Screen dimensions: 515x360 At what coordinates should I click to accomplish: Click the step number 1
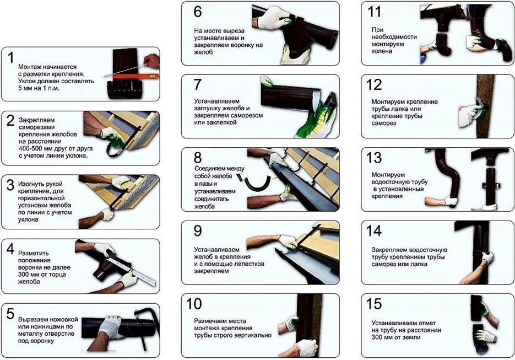tap(11, 57)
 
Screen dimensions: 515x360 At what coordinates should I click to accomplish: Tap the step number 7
tap(197, 84)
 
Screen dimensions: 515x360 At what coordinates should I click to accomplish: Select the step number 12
tap(374, 85)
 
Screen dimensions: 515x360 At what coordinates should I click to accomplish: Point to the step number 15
tap(374, 304)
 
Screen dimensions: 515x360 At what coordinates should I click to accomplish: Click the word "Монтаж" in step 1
tap(30, 67)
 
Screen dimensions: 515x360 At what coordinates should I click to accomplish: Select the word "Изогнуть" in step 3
tap(31, 184)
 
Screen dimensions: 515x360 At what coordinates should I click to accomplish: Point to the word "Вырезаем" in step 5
tap(33, 320)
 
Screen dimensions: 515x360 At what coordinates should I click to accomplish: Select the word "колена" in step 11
tap(382, 51)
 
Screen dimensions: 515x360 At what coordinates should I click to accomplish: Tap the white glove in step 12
tap(468, 115)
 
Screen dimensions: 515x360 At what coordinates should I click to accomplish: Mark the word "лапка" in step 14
tap(419, 264)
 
